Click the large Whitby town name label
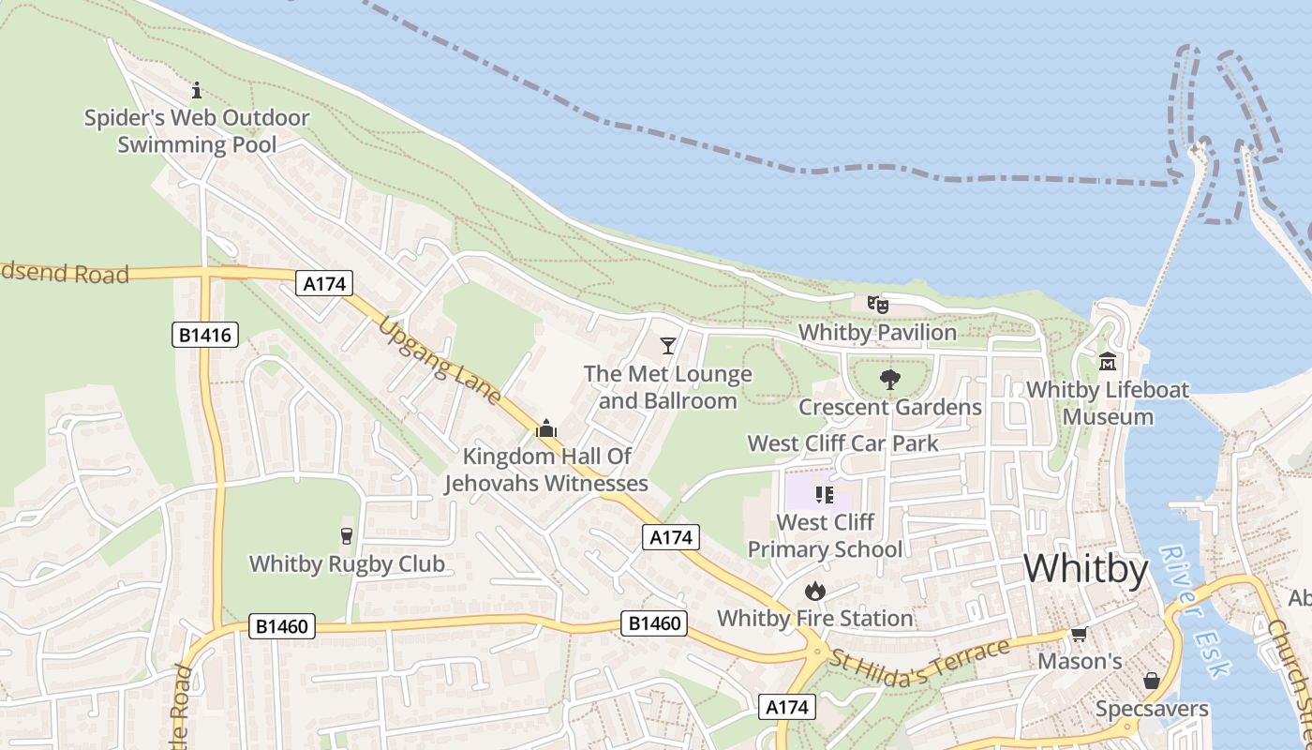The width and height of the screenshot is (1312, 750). (x=1085, y=569)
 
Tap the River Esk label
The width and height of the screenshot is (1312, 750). (x=1193, y=609)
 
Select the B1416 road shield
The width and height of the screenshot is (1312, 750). (x=205, y=335)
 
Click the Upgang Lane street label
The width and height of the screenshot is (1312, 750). (x=440, y=362)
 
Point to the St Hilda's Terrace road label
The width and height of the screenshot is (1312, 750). (x=918, y=665)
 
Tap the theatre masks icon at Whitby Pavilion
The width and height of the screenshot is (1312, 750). (x=877, y=304)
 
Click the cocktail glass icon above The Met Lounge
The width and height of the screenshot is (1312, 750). (x=667, y=346)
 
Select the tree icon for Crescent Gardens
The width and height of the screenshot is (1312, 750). (x=889, y=380)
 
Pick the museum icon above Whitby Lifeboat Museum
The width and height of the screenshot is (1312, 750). (x=1108, y=362)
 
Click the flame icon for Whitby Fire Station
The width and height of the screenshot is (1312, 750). (x=814, y=591)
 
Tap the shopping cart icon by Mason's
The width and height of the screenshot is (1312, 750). (x=1079, y=635)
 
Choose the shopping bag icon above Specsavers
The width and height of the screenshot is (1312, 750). (x=1151, y=681)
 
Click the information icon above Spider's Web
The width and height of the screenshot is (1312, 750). (x=197, y=91)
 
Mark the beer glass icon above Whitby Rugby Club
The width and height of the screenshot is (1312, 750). (x=346, y=536)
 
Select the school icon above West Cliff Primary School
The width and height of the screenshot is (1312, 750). (x=824, y=494)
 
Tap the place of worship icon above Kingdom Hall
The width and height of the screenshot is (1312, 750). (x=545, y=428)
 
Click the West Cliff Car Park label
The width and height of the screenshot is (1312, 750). (x=842, y=443)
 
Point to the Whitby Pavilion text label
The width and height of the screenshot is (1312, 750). (x=877, y=332)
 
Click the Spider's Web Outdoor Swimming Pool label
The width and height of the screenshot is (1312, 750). (x=197, y=131)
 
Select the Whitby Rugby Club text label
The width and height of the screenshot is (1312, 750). (x=346, y=564)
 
